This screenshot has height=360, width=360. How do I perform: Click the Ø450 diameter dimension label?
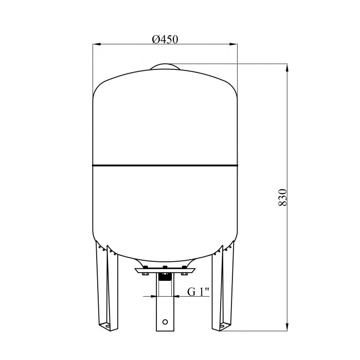coord(165,39)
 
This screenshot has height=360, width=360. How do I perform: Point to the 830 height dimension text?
coord(283,197)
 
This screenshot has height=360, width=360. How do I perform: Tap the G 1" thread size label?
coord(198,292)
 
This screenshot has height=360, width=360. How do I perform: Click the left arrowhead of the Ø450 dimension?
coord(97,44)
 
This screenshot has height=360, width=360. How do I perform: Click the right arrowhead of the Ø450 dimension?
coord(233,44)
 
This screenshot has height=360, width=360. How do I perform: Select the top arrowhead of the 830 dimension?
coord(287,68)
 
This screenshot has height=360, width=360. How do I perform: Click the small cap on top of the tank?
coord(165,66)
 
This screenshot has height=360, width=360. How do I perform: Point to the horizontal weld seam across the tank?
coord(165,165)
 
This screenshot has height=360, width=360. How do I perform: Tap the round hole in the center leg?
coord(165,322)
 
